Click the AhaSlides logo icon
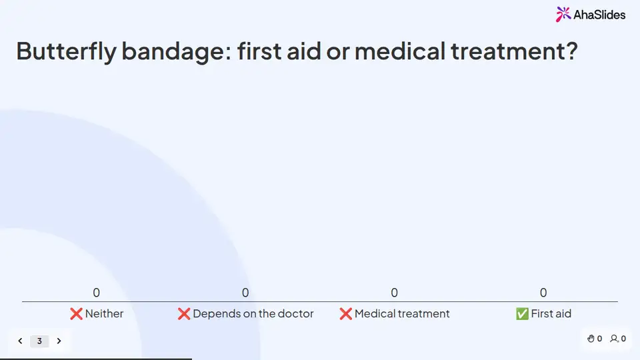(x=563, y=14)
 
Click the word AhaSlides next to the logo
(x=599, y=15)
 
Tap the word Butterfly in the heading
(x=66, y=52)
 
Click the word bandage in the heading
(x=177, y=52)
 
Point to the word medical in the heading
(x=399, y=51)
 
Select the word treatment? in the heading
(x=514, y=52)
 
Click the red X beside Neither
(x=76, y=313)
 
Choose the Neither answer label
(x=104, y=313)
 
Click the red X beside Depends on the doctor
(x=184, y=313)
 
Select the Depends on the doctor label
(x=253, y=313)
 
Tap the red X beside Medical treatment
(x=346, y=313)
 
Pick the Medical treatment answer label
(x=402, y=313)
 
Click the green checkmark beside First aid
(x=522, y=313)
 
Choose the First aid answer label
(x=551, y=313)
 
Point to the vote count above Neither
(x=96, y=293)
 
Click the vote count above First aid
(x=543, y=293)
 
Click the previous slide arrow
(x=21, y=341)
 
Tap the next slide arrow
(x=59, y=341)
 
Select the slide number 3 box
(x=39, y=341)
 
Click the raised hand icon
(x=591, y=339)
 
